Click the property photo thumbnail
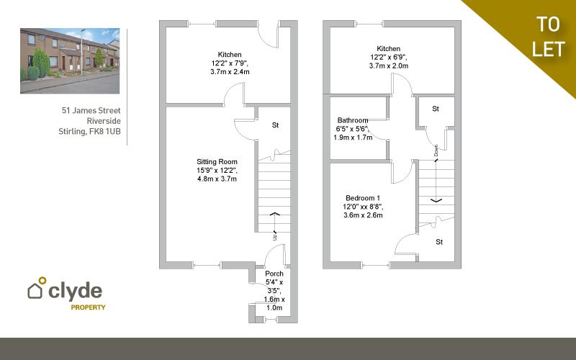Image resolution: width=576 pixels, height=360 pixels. [x=70, y=61]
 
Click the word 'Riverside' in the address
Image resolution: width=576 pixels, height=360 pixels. [x=103, y=121]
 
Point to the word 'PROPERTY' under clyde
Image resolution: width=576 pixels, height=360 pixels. [x=88, y=307]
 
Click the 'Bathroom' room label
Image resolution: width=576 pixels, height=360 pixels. [x=353, y=120]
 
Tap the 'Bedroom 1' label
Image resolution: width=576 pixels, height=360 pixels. [x=362, y=197]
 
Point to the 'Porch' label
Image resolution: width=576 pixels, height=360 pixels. [x=274, y=274]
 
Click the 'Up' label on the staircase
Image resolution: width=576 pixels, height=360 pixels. [x=274, y=235]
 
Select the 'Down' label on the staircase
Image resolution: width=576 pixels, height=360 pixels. [x=436, y=151]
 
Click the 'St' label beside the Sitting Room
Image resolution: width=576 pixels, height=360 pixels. [x=275, y=125]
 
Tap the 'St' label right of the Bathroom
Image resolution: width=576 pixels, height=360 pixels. [x=436, y=109]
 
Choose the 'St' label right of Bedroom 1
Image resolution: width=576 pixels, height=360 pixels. [x=439, y=243]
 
